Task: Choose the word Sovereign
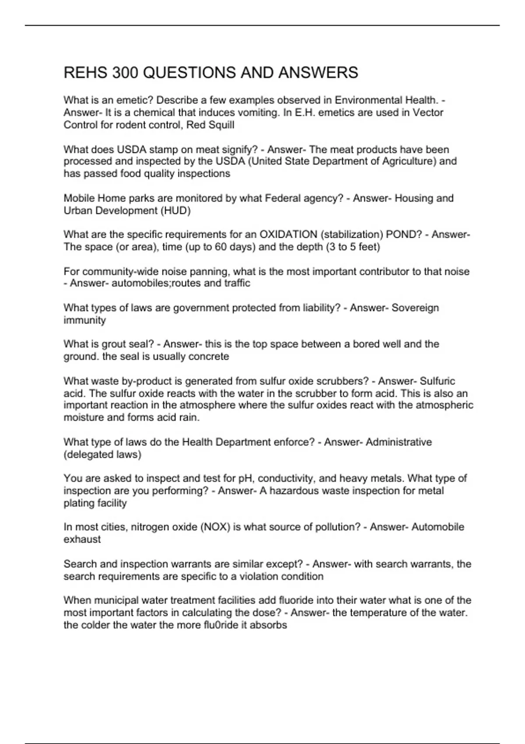[x=415, y=308]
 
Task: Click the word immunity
[x=85, y=320]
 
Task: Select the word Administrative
[x=399, y=442]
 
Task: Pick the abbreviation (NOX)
[x=215, y=527]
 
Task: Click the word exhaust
[x=82, y=539]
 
